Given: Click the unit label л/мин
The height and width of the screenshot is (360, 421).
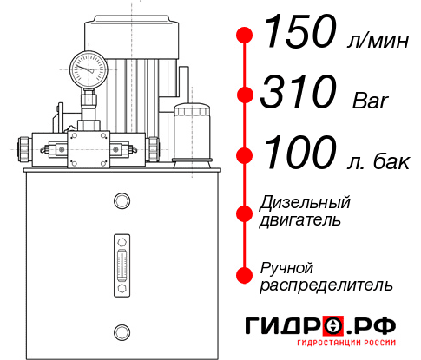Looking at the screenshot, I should [x=373, y=40].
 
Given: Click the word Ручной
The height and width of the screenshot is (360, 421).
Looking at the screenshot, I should [x=287, y=266].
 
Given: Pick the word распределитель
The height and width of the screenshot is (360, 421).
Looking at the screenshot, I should [x=326, y=284].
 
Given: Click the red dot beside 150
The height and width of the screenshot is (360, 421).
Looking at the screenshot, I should [x=245, y=36].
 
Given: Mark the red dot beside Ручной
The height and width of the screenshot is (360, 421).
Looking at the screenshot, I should [x=245, y=274].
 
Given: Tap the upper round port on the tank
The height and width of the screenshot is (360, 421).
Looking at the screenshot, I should [x=121, y=201].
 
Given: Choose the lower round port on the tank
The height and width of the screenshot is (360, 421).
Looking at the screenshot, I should [x=121, y=330].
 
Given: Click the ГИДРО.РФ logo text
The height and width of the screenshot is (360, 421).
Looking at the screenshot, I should [x=320, y=327].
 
